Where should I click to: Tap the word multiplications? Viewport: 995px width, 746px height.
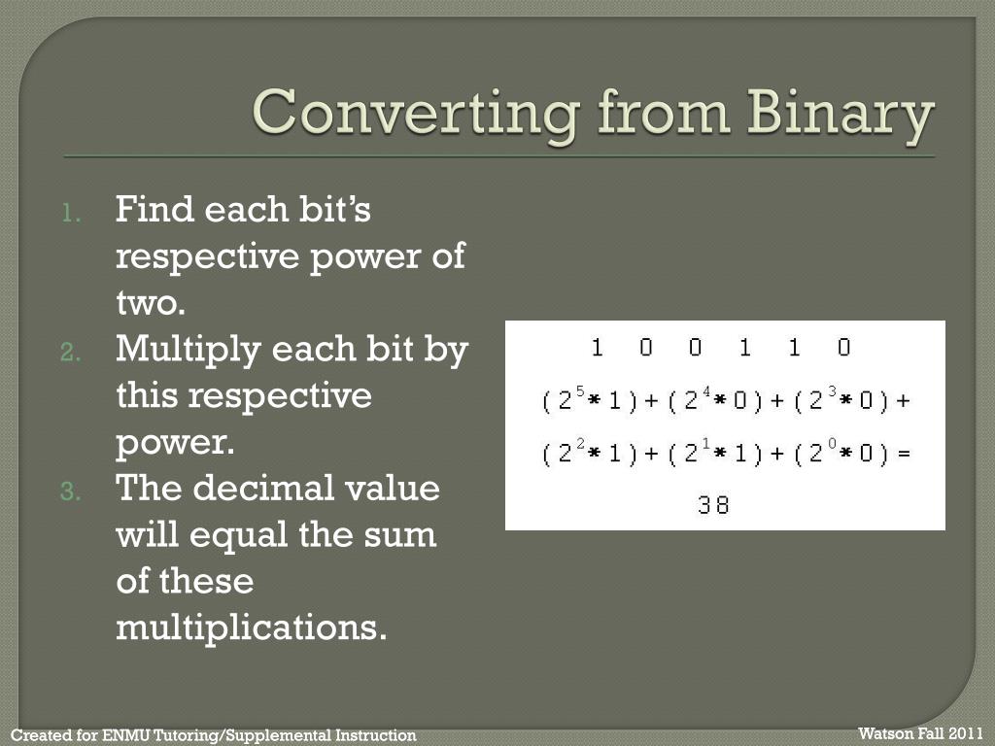pyautogui.click(x=251, y=627)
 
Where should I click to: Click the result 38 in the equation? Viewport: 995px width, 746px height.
pyautogui.click(x=713, y=505)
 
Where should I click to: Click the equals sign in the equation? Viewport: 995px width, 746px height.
pyautogui.click(x=905, y=454)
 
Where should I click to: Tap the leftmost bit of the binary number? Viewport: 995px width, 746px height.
pyautogui.click(x=597, y=348)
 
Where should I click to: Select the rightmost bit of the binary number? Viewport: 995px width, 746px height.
pyautogui.click(x=843, y=348)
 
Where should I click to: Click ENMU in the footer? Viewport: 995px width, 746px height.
pyautogui.click(x=123, y=735)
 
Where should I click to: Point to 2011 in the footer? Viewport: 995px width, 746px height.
pyautogui.click(x=965, y=732)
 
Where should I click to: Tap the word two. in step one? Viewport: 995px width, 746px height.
pyautogui.click(x=150, y=303)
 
